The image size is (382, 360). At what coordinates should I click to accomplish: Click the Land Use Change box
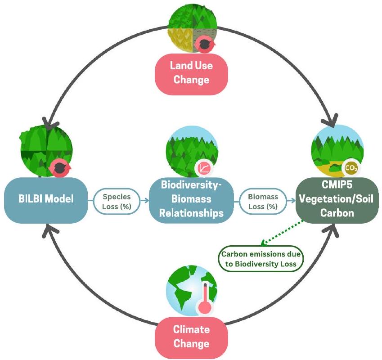click(x=191, y=72)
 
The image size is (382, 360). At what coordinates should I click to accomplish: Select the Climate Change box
click(x=191, y=337)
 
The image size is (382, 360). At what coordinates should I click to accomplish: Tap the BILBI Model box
click(x=45, y=199)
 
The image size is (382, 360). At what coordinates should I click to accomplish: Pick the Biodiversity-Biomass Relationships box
click(x=192, y=199)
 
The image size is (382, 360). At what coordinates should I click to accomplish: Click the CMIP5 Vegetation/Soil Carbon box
click(x=337, y=199)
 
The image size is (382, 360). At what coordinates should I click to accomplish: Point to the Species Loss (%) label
click(x=117, y=201)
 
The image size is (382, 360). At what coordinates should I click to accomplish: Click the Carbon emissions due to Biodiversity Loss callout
click(x=261, y=259)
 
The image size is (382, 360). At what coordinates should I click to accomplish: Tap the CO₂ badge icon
click(x=351, y=168)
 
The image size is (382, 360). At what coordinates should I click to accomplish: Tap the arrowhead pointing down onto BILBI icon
click(x=47, y=122)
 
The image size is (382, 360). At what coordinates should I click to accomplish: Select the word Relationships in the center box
click(x=192, y=212)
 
